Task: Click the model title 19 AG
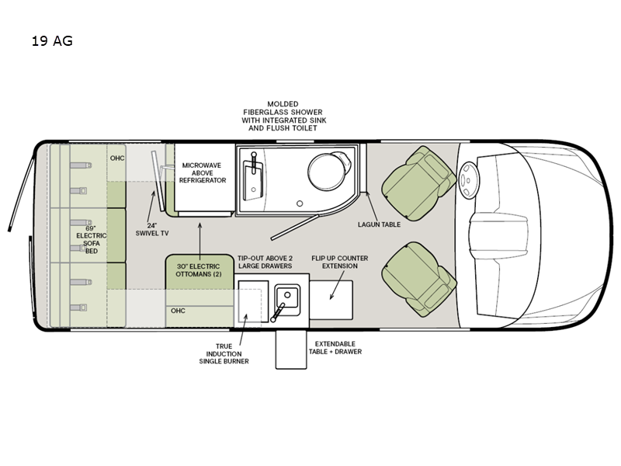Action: tap(52, 42)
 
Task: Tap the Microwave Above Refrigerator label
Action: tap(203, 172)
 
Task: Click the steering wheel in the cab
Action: tap(469, 181)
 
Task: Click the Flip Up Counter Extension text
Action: tap(339, 262)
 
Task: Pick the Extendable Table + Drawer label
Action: tap(338, 347)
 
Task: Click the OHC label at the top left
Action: tap(116, 158)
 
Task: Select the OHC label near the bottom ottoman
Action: tap(178, 311)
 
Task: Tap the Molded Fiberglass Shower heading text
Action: tap(283, 115)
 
